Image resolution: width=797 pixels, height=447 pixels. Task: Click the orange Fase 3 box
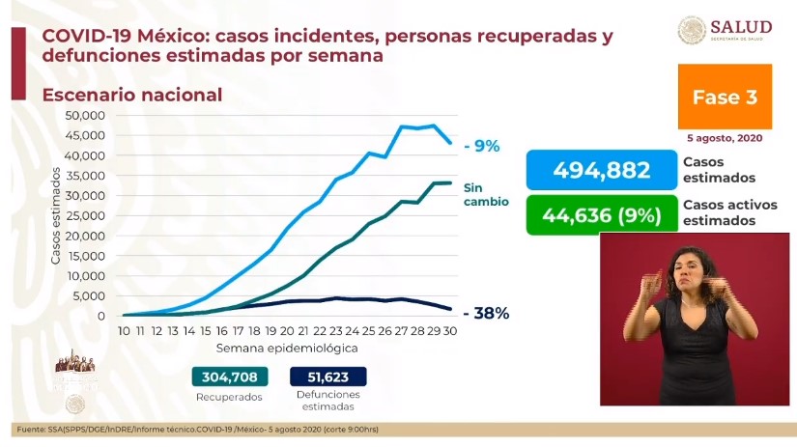[725, 98]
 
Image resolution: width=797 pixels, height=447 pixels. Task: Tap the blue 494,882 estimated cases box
[600, 171]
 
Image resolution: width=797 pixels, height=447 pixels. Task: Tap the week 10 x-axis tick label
[125, 330]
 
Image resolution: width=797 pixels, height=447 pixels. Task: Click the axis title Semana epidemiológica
[287, 347]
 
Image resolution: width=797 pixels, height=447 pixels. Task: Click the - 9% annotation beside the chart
[480, 147]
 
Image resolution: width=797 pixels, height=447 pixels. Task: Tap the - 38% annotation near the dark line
[486, 313]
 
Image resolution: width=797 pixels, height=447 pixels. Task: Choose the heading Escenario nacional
[132, 95]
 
